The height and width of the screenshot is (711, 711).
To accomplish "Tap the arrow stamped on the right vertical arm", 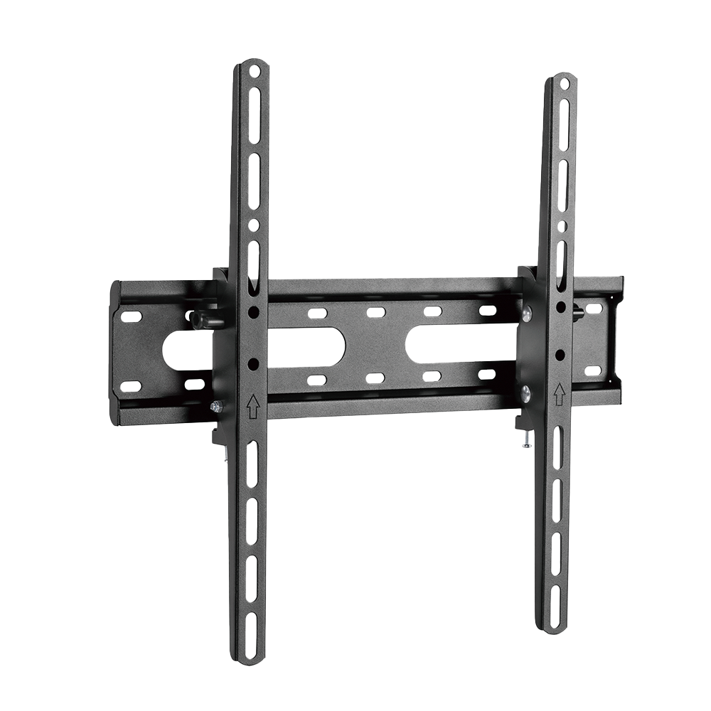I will click(x=559, y=392).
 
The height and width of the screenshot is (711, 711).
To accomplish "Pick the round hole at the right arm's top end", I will click(x=565, y=84).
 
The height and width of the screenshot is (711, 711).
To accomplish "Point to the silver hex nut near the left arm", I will click(x=217, y=407).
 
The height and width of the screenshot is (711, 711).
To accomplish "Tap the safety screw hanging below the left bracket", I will click(x=224, y=456).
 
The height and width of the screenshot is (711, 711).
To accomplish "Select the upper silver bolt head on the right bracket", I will click(x=527, y=313).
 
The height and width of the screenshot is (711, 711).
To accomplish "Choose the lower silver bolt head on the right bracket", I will click(x=525, y=392).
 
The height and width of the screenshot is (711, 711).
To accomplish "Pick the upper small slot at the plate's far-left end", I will click(x=132, y=316).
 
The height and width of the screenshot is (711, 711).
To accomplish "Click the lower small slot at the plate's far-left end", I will click(x=131, y=386).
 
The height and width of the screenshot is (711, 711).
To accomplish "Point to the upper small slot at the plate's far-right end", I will click(x=593, y=310).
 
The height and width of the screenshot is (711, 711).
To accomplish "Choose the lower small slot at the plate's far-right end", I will click(x=592, y=370).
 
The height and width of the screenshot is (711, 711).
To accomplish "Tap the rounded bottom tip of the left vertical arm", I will click(x=251, y=660).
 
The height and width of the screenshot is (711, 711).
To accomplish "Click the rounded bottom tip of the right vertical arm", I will click(x=554, y=629).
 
